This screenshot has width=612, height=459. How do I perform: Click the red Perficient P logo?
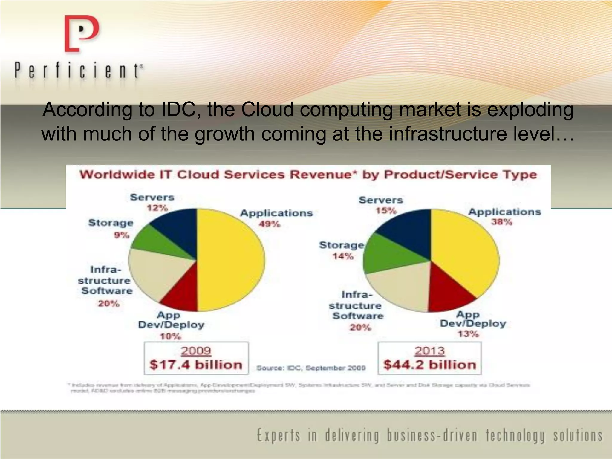click(81, 33)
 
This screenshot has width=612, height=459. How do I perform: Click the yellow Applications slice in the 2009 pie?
click(230, 260)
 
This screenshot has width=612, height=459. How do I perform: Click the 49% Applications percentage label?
click(269, 224)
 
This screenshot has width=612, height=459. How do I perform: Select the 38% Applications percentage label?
click(502, 222)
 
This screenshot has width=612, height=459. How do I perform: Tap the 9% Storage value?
click(122, 235)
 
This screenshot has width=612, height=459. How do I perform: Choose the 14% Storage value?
click(343, 256)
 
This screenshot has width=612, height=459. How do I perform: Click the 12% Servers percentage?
click(157, 208)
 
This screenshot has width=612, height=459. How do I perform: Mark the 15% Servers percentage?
click(386, 211)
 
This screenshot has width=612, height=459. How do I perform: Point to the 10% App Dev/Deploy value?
click(170, 336)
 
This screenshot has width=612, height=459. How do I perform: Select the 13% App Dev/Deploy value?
click(468, 334)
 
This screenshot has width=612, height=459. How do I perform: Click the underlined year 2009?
click(196, 351)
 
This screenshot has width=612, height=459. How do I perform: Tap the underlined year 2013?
click(429, 351)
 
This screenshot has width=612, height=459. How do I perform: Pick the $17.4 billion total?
click(196, 365)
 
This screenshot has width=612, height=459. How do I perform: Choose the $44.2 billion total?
click(429, 365)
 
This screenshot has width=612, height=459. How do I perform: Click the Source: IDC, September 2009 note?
click(311, 368)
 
